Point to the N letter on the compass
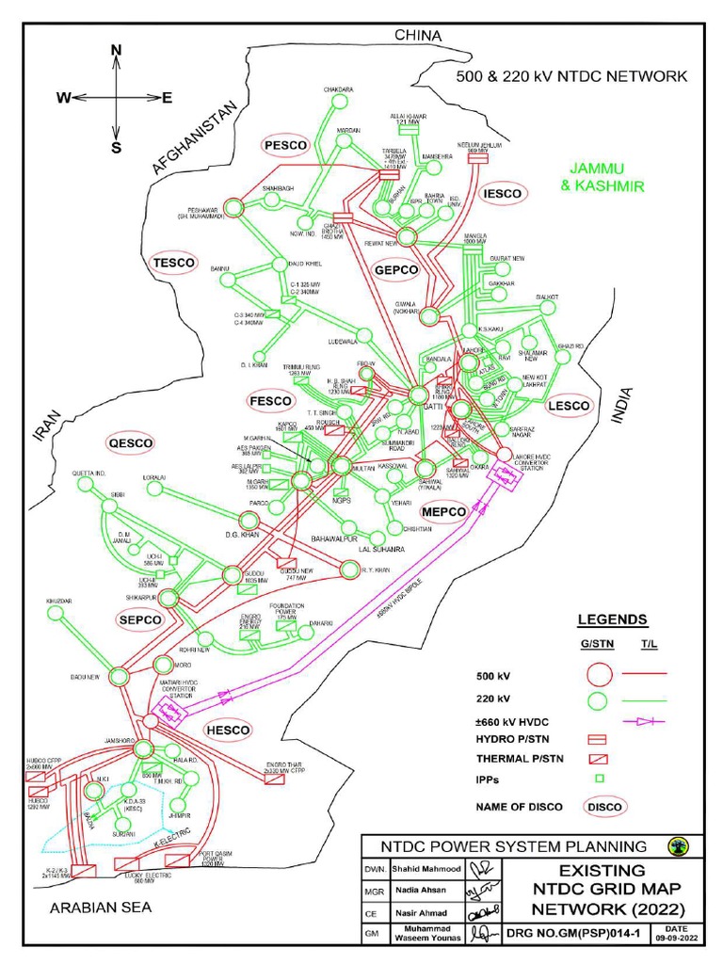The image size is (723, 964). [116, 50]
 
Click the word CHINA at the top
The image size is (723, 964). [418, 35]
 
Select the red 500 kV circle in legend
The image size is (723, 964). [600, 674]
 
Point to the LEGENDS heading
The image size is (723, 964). [612, 619]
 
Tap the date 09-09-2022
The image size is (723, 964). [677, 937]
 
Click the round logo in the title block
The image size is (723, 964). [676, 844]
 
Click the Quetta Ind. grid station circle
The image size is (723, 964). [86, 484]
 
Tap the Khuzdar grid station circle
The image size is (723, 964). [56, 613]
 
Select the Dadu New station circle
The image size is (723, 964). [120, 676]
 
